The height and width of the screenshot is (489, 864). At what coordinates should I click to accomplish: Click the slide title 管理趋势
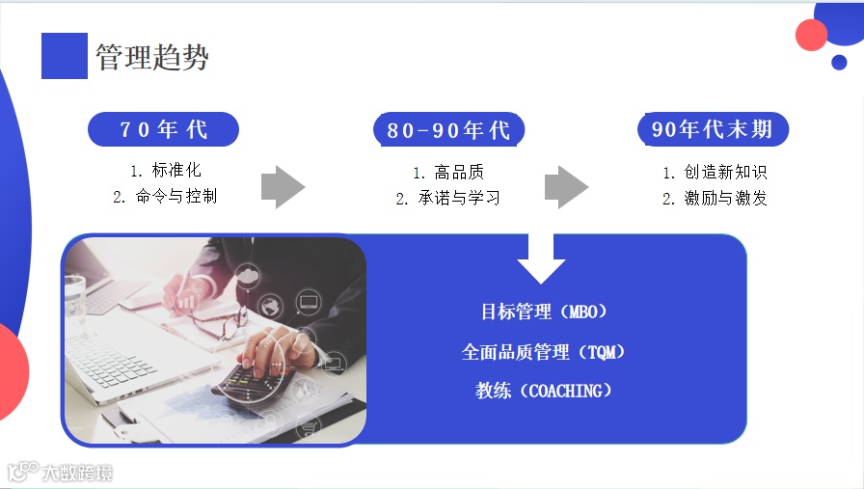tap(152, 57)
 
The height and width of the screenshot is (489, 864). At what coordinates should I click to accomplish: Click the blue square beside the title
tap(64, 56)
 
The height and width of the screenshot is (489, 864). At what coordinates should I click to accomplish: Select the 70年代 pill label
tap(163, 129)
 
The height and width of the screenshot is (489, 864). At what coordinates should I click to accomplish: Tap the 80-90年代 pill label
tap(448, 130)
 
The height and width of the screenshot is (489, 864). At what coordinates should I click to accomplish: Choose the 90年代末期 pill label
tap(713, 129)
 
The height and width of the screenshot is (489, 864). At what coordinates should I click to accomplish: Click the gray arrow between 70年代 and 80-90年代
tap(283, 186)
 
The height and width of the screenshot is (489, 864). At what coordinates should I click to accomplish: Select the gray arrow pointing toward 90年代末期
tap(566, 186)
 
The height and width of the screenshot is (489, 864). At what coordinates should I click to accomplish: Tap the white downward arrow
tap(541, 258)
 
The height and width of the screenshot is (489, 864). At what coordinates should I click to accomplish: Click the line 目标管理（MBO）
tap(544, 312)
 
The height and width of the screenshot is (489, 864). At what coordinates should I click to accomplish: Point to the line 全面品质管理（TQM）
tap(544, 352)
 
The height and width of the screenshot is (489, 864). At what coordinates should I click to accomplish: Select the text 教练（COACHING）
tap(544, 391)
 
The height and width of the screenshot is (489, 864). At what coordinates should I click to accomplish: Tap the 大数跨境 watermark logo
tap(60, 473)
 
